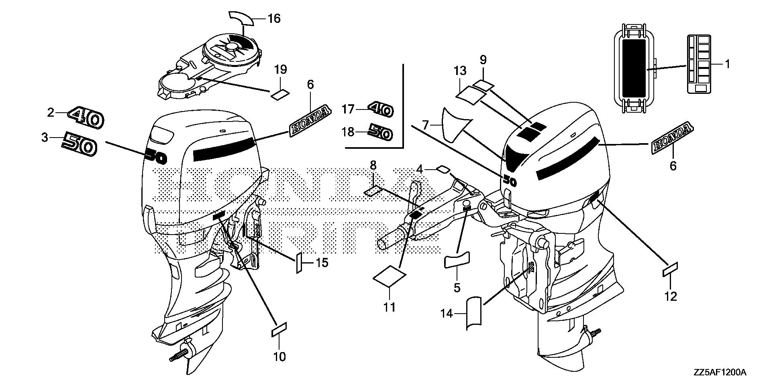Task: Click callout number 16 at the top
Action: [274, 18]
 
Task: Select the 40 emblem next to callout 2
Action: [86, 118]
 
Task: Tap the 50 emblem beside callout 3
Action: [80, 145]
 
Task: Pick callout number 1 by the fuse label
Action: [727, 64]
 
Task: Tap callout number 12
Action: [671, 296]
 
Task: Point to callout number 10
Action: [279, 356]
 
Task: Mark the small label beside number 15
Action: [299, 263]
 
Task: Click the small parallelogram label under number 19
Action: [280, 95]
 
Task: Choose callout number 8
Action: [373, 165]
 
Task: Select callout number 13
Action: [460, 71]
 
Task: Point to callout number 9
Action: [483, 60]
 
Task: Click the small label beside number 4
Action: [442, 169]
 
